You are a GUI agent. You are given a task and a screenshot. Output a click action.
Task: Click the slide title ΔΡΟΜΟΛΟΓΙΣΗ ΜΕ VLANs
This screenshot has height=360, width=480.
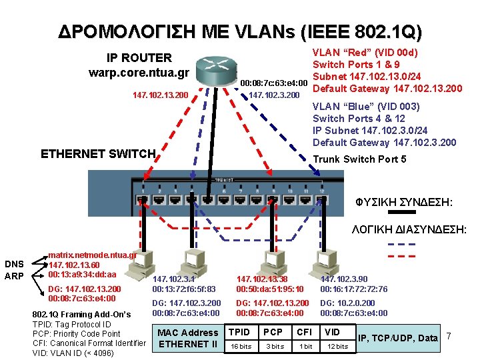(240, 31)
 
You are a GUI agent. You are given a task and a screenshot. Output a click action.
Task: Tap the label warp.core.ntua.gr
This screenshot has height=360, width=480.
(139, 72)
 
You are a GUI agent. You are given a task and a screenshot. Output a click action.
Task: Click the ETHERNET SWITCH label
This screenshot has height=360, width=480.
(98, 154)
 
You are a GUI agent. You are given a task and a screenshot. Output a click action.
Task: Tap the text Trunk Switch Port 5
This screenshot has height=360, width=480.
(359, 159)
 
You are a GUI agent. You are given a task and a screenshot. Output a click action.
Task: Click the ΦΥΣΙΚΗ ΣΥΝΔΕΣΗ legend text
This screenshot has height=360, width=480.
(414, 201)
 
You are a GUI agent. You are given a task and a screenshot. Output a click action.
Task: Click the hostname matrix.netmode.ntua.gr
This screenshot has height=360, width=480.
(93, 255)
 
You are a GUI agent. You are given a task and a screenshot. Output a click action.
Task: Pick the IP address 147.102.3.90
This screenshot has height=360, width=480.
(343, 279)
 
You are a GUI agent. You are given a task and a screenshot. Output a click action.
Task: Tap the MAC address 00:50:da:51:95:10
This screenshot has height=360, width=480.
(270, 289)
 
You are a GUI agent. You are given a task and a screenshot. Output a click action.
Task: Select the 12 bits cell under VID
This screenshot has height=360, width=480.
(337, 346)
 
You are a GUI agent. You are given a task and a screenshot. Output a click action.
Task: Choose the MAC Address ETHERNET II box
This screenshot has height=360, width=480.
(187, 338)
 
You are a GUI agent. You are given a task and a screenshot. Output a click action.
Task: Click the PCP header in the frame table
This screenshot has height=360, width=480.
(273, 332)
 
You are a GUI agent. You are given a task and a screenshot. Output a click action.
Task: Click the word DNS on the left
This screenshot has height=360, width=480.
(14, 265)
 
